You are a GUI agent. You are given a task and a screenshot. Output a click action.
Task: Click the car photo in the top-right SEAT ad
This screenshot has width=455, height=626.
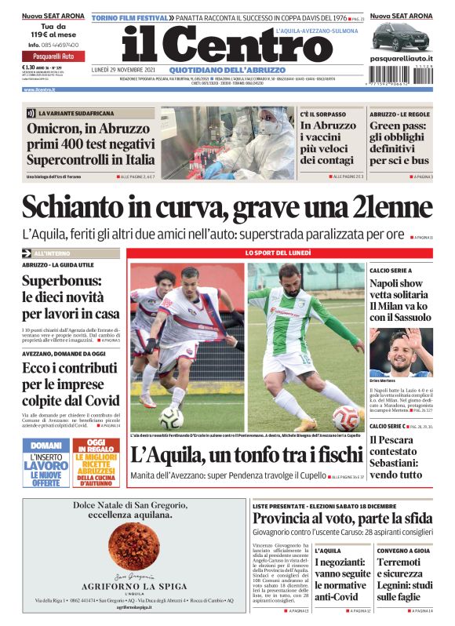(400, 36)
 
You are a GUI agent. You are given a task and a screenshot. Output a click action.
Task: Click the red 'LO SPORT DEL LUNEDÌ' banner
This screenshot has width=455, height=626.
(278, 253)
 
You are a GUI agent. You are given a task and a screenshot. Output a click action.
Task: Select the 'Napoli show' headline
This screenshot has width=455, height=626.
(396, 283)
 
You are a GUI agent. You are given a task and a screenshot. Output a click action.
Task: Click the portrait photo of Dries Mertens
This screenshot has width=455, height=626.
(400, 351)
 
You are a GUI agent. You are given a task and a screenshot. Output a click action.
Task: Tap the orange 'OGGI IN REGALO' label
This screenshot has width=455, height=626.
(96, 446)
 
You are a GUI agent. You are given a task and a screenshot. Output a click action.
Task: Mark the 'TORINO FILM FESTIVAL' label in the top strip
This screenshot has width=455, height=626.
(131, 17)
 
